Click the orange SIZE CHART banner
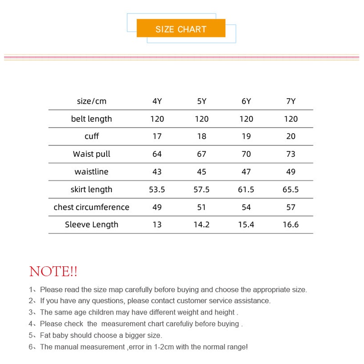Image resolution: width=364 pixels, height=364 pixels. (x=181, y=29)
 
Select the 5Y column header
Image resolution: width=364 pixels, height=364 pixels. (x=202, y=101)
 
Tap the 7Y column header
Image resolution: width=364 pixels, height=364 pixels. (x=291, y=101)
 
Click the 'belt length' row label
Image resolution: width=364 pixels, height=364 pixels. (x=91, y=119)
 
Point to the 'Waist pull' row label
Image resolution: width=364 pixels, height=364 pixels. (x=91, y=154)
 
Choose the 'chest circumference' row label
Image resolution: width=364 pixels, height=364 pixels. (x=91, y=207)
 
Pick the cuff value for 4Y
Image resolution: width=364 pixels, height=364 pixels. (x=157, y=136)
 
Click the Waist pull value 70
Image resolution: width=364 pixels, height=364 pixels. (x=246, y=154)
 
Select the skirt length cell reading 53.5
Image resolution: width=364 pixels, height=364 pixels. (x=157, y=189)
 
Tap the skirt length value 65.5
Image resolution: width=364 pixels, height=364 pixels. (x=291, y=189)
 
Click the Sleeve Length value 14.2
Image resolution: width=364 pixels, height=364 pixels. (x=202, y=224)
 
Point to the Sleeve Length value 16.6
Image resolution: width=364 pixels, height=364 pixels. (x=291, y=224)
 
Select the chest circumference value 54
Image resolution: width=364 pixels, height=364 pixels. (x=246, y=207)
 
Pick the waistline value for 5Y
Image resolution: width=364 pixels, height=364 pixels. (x=202, y=172)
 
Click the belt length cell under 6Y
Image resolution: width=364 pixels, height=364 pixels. (x=246, y=119)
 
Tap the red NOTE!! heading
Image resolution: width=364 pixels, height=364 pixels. (x=53, y=272)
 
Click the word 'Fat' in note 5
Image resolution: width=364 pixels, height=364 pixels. (x=46, y=335)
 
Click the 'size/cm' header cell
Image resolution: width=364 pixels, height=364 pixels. (x=91, y=101)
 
